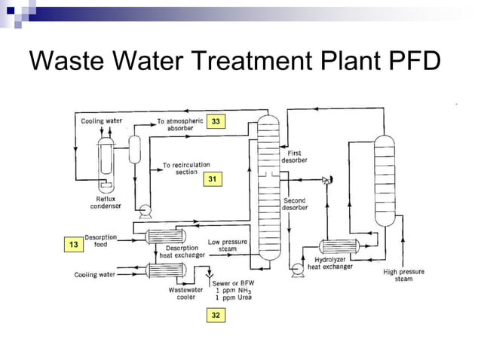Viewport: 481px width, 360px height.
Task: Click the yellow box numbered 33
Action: click(x=216, y=121)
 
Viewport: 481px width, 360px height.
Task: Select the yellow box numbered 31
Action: click(x=213, y=178)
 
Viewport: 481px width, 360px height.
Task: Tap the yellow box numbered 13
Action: click(x=73, y=245)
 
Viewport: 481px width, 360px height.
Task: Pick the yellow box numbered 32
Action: click(x=216, y=316)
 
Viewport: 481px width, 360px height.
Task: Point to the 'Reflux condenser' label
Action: click(x=102, y=202)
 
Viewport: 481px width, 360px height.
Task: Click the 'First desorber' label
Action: click(x=294, y=157)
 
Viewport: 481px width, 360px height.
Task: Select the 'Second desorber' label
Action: click(x=294, y=204)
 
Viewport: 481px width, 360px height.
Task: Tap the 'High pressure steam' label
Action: click(x=403, y=275)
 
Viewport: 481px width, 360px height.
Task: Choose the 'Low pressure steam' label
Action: click(x=222, y=246)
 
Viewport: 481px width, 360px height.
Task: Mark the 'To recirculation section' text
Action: click(x=186, y=168)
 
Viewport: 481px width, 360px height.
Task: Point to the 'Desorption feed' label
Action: click(x=100, y=240)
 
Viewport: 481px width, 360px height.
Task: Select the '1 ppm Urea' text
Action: click(x=232, y=297)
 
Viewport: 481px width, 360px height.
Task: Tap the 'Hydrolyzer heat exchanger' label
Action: click(x=329, y=263)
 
